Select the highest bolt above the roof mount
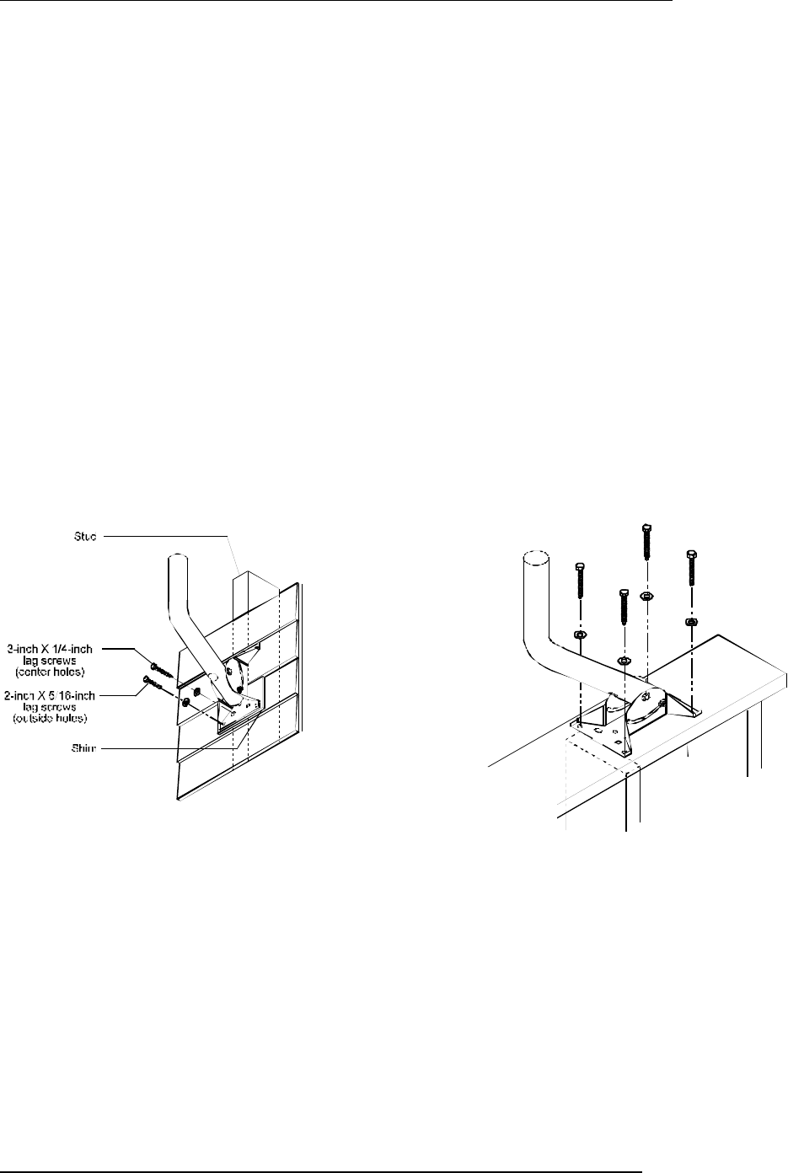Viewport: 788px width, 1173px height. (645, 548)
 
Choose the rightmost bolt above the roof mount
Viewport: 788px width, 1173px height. (691, 573)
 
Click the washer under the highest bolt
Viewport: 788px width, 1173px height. (645, 596)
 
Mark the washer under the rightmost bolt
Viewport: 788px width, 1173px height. (691, 622)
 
